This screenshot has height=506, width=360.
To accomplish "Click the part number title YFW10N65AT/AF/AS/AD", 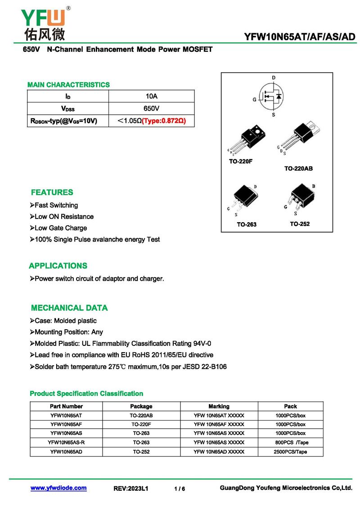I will [300, 36].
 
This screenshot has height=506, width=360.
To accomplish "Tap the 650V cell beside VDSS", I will [151, 109].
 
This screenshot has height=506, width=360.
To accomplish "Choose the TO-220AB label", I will [298, 169].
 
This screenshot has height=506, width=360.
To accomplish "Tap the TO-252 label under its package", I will [300, 224].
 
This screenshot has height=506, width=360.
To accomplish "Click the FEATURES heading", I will [52, 193].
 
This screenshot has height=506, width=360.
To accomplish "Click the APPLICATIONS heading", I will [58, 266].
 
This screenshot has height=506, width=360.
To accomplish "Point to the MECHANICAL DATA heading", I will [69, 308].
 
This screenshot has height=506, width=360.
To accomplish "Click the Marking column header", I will [219, 406].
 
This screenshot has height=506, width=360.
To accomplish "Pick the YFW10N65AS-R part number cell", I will [66, 442].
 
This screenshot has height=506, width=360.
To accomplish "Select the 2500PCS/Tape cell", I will [290, 452].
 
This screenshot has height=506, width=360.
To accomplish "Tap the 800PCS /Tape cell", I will [290, 442].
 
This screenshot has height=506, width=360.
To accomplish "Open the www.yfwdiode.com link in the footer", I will [58, 488].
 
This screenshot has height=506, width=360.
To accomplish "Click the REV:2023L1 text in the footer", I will [130, 488].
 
